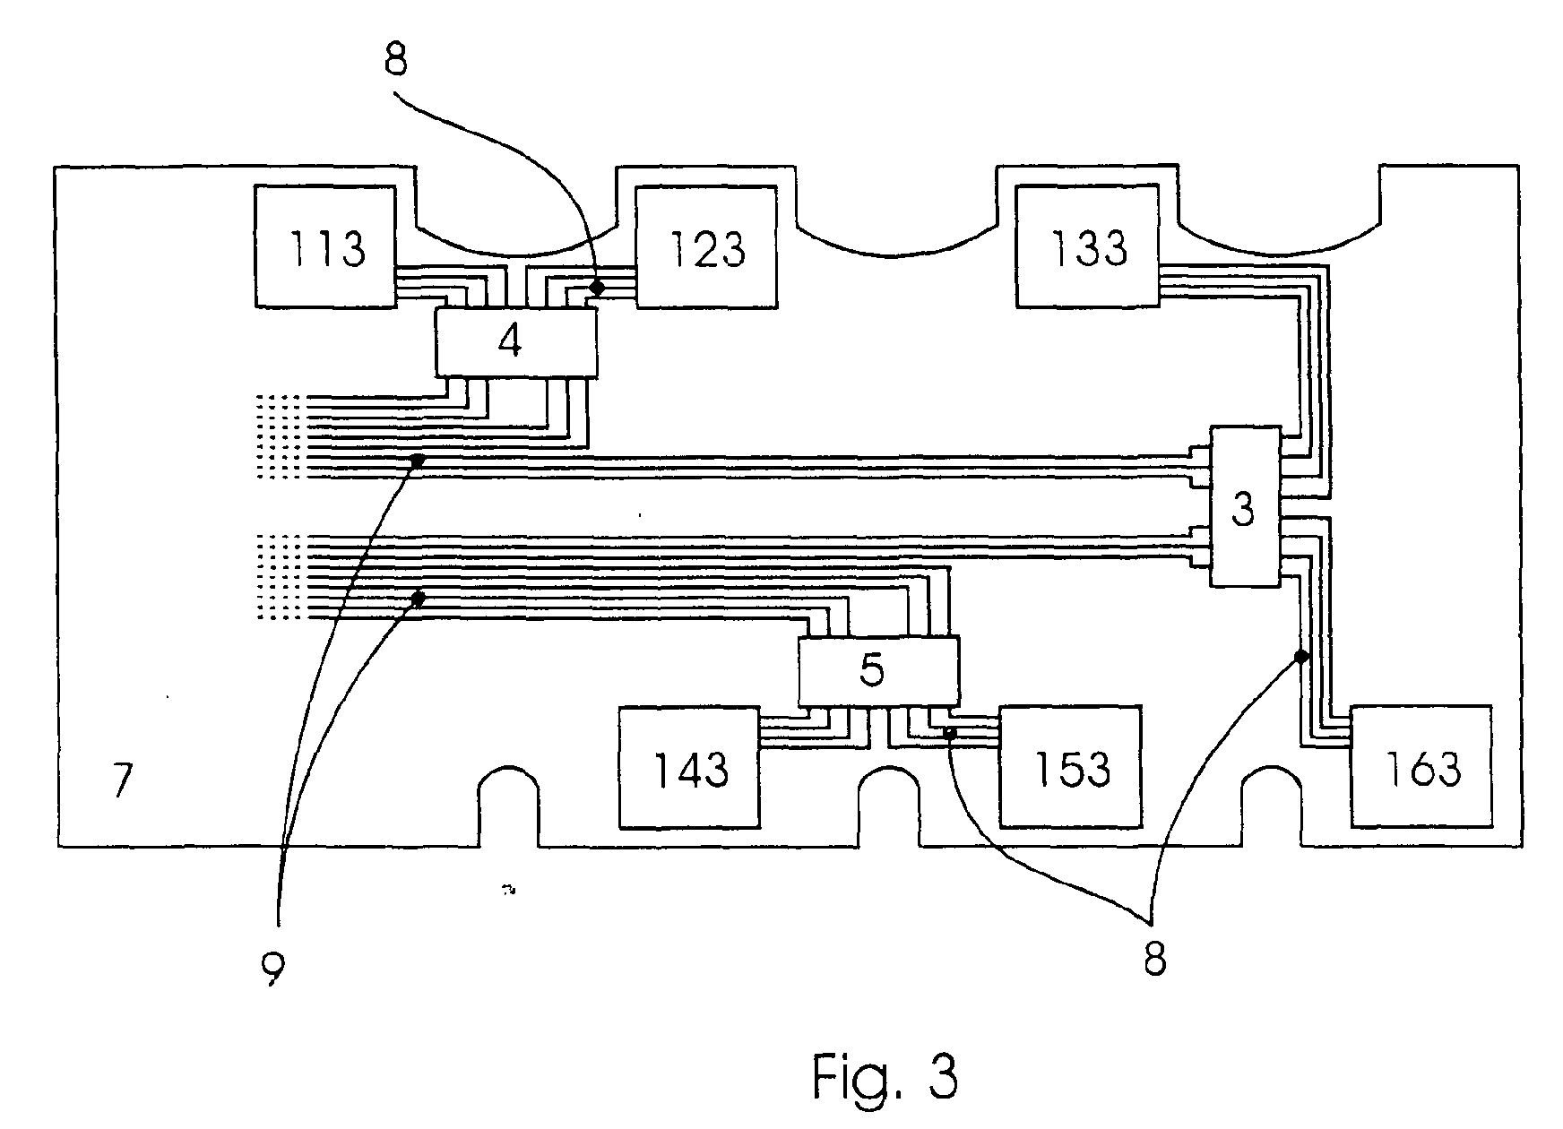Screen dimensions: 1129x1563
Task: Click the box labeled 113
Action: click(324, 246)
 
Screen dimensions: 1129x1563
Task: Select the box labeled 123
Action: click(705, 246)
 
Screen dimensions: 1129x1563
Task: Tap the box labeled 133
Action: click(1087, 246)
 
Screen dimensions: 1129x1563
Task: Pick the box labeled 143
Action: click(689, 767)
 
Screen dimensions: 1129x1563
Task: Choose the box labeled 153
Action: click(1071, 767)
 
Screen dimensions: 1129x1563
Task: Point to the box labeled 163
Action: click(1421, 767)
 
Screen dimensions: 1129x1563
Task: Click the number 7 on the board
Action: click(123, 780)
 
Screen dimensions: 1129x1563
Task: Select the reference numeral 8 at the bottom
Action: click(1154, 959)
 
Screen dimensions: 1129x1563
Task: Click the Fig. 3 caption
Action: click(885, 1076)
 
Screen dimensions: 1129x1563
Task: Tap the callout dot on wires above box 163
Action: click(1301, 657)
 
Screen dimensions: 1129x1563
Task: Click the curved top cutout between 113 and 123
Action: click(515, 235)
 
